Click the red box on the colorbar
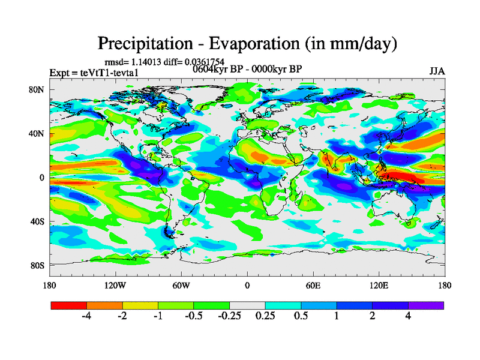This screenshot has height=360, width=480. [69, 305]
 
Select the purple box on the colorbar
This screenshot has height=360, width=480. [426, 305]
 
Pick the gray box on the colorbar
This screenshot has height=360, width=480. [247, 305]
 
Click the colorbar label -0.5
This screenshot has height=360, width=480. [194, 317]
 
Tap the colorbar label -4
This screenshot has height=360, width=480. [86, 317]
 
